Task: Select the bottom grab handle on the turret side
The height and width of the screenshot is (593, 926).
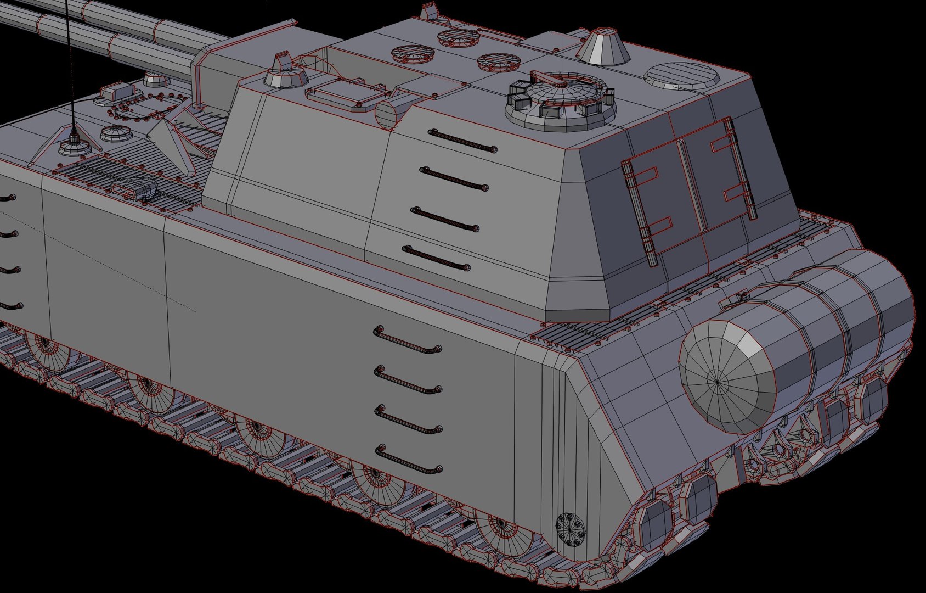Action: [437, 258]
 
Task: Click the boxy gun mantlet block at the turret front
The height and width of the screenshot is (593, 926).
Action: [219, 71]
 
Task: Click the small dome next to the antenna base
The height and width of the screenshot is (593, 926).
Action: [114, 133]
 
